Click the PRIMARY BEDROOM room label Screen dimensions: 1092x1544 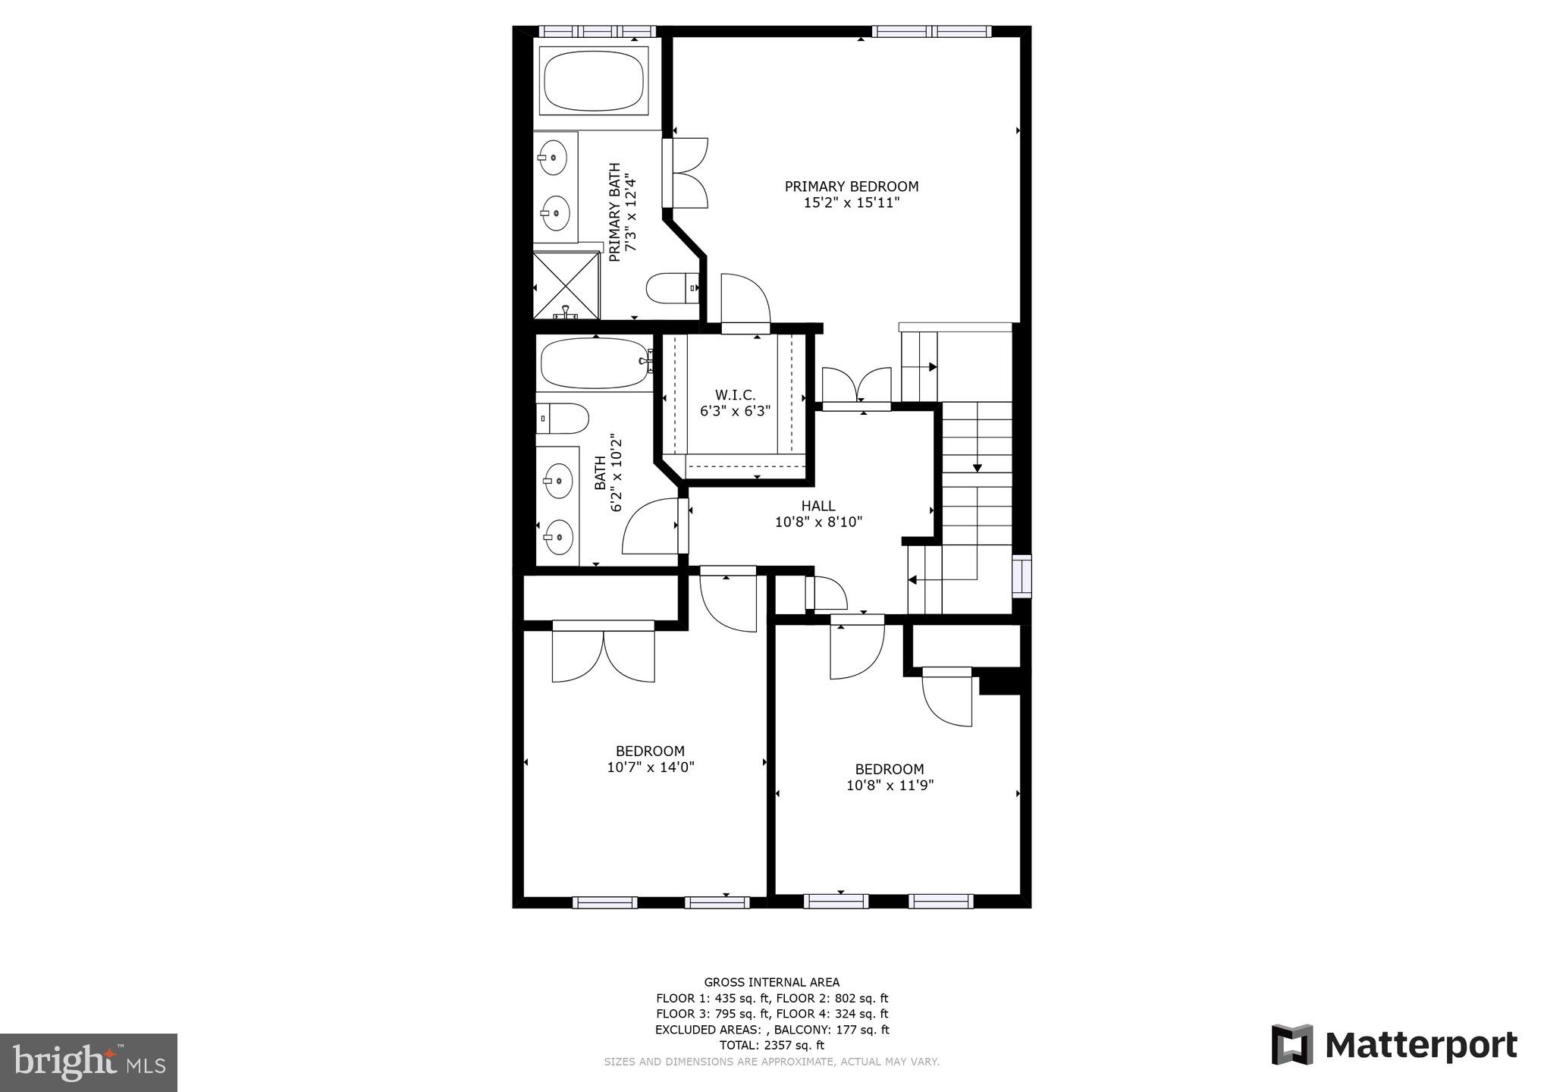coord(851,187)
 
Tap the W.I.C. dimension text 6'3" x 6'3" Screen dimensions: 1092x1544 coord(735,412)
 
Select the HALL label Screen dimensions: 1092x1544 coord(818,506)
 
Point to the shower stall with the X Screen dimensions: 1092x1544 coord(566,286)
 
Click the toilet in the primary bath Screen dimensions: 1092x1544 coord(671,288)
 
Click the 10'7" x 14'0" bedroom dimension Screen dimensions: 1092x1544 coord(650,767)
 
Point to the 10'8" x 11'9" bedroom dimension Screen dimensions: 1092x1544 coord(890,786)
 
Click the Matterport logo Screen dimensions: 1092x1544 coord(1394,1046)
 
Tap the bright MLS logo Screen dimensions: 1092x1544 coord(89,1062)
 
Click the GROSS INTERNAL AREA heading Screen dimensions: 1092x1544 coord(771,982)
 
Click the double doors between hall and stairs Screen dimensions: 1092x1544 coord(857,387)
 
